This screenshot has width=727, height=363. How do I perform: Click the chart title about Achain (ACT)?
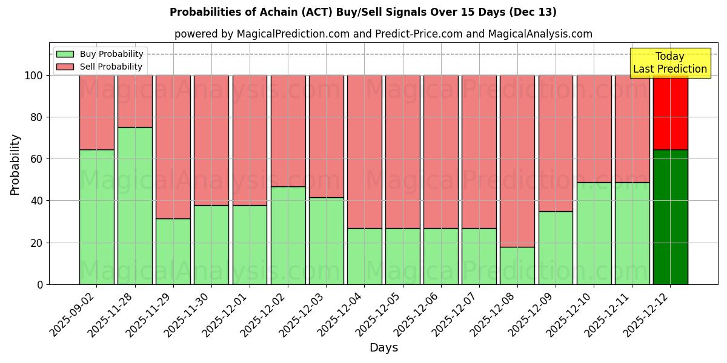click(363, 12)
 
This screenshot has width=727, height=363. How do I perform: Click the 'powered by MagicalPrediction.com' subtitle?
click(383, 34)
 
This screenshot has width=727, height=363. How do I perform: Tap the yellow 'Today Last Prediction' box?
click(670, 63)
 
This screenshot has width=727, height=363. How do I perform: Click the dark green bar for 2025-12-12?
click(670, 217)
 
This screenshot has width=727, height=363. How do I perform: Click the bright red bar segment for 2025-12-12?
click(670, 113)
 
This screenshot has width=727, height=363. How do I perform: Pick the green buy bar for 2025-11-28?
click(135, 206)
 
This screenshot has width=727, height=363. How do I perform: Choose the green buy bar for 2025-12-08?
click(517, 266)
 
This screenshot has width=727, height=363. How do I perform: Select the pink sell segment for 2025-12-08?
click(517, 161)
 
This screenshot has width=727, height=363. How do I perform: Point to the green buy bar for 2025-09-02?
click(97, 217)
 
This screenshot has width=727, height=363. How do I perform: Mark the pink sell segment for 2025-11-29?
click(173, 146)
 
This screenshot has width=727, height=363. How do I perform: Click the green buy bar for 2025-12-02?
click(288, 235)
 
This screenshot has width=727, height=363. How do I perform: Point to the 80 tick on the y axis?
click(38, 117)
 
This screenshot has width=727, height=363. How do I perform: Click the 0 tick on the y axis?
click(41, 284)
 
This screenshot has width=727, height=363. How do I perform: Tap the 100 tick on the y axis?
click(35, 76)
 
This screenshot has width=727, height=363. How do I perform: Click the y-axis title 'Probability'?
click(15, 165)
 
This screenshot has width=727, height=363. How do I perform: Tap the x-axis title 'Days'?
click(383, 348)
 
